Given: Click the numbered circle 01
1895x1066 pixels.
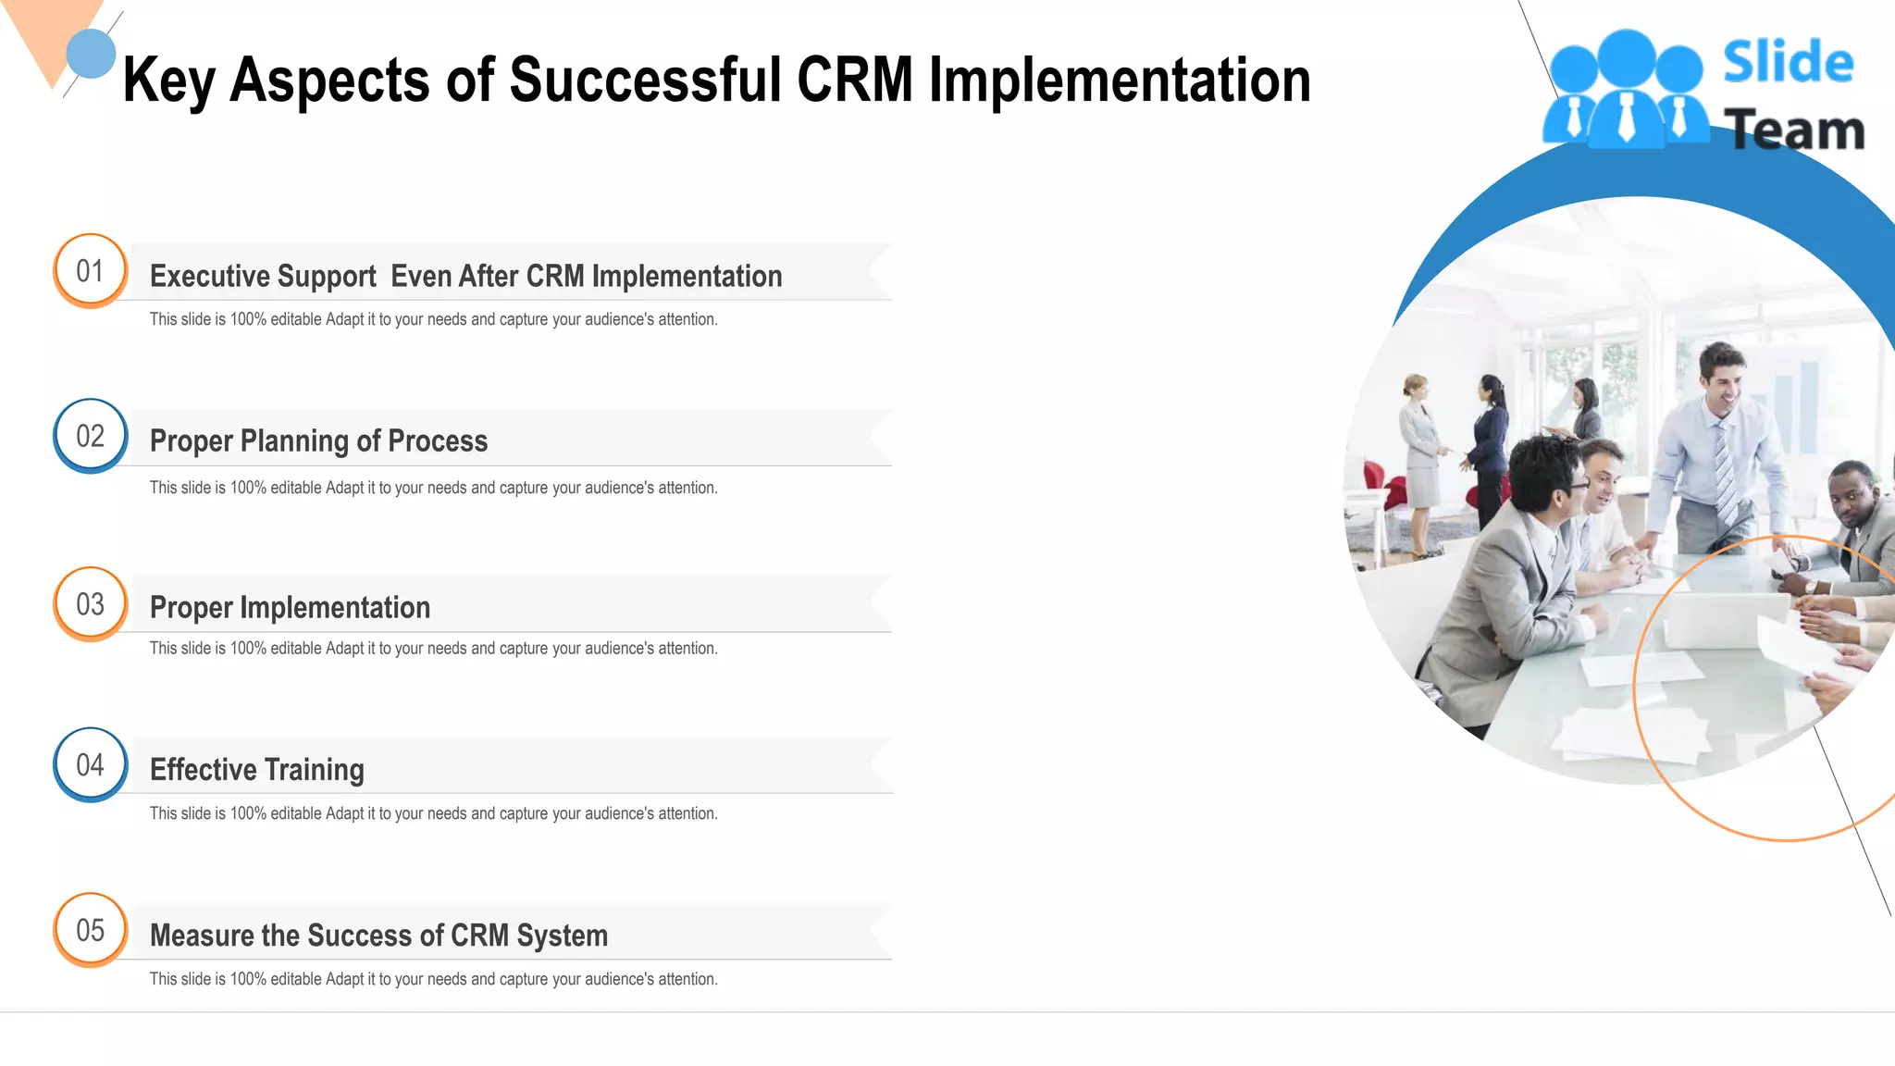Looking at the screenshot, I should click(90, 270).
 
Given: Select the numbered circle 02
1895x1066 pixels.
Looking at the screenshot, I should click(90, 436).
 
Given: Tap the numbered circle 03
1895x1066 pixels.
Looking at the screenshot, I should click(90, 604).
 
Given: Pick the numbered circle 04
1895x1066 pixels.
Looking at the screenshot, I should click(90, 764).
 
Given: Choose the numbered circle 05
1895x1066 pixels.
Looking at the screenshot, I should click(90, 930).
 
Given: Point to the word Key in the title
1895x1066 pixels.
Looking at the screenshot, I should click(168, 81).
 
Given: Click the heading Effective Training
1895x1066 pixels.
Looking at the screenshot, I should click(256, 770).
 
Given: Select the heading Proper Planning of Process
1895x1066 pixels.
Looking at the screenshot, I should click(318, 441).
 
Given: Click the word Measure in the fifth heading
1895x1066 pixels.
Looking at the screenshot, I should click(202, 936).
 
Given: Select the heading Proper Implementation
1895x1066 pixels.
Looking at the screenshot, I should click(290, 608).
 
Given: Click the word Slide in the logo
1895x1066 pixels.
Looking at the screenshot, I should click(1788, 63).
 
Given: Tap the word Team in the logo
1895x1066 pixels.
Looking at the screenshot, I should click(1793, 130).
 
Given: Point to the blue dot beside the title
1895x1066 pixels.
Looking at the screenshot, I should click(91, 54).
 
